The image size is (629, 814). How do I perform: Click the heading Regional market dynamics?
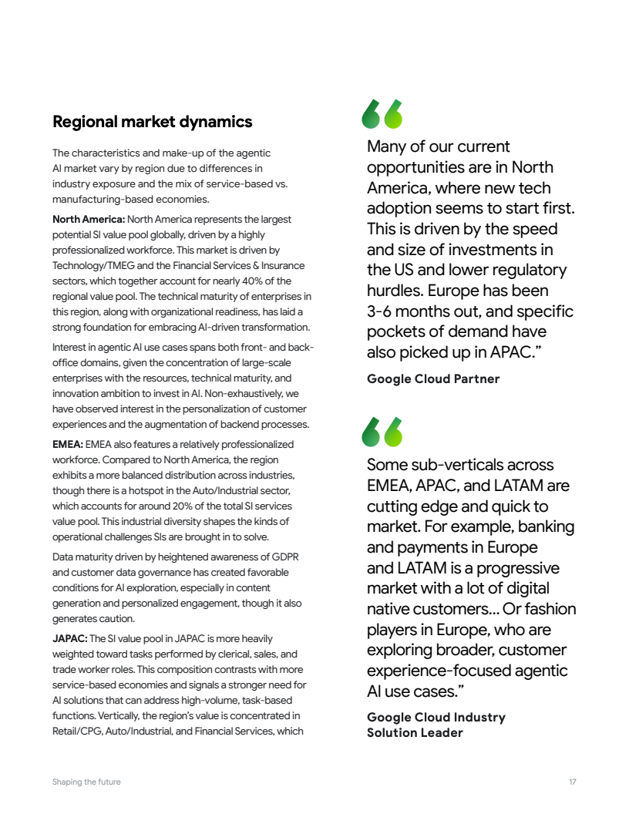coord(152,122)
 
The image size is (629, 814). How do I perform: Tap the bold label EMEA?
coord(68,445)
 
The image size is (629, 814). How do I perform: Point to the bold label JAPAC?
coord(69,638)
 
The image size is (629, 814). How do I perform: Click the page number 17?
coord(573,782)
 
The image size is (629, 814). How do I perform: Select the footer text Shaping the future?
coord(86,782)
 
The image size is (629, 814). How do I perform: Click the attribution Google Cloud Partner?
coord(433,379)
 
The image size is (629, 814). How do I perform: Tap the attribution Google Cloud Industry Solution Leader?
coord(436,725)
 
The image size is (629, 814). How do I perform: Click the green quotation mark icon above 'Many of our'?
coord(383,114)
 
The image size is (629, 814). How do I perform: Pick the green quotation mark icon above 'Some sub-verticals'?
coord(383,432)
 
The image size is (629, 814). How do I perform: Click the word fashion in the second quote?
coord(549,609)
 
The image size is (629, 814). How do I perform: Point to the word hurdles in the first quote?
coord(395,291)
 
